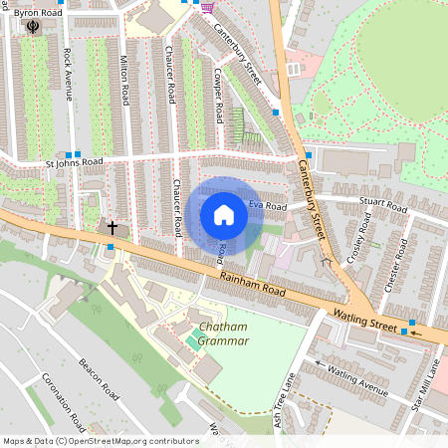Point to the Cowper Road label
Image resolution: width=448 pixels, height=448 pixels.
[x=217, y=88]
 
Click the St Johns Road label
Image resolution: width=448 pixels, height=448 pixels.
[x=74, y=161]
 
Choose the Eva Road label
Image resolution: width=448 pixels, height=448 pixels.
[x=268, y=205]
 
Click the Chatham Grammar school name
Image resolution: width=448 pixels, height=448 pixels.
[x=223, y=334]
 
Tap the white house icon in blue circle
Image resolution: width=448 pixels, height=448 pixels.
[x=224, y=213]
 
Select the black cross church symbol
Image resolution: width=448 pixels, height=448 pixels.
[x=112, y=228]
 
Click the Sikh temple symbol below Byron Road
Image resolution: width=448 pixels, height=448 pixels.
[x=36, y=25]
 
